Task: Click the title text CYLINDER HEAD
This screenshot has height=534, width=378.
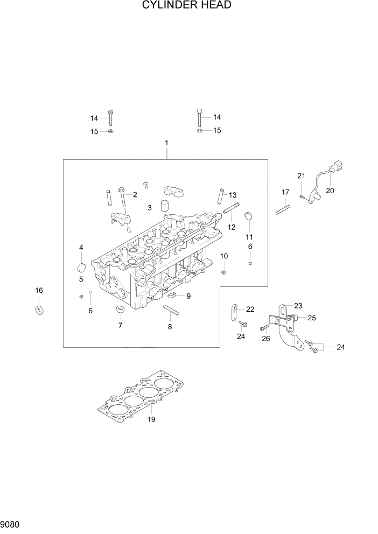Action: [x=187, y=6]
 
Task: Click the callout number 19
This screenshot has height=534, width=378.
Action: [x=151, y=419]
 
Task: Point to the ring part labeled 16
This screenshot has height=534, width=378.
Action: [x=39, y=310]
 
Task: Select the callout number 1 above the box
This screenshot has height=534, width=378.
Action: [x=166, y=143]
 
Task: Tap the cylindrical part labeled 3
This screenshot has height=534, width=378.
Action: [x=163, y=207]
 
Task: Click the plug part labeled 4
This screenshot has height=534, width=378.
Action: [x=81, y=268]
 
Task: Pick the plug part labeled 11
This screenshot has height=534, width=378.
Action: [x=249, y=217]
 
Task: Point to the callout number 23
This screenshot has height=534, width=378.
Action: [x=298, y=305]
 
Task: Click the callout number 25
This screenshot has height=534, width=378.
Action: [x=311, y=318]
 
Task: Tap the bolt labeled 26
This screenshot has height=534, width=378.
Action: [x=264, y=327]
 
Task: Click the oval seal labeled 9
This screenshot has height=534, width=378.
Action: [x=172, y=296]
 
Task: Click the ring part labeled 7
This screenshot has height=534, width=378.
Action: [x=120, y=309]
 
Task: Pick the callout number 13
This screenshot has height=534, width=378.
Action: [x=233, y=195]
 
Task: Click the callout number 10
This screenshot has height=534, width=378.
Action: [x=223, y=256]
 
